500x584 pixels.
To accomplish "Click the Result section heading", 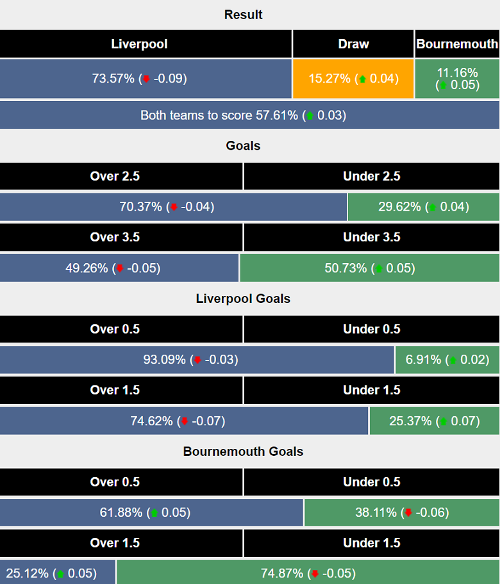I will click(x=243, y=14).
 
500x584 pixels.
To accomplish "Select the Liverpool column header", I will click(x=139, y=44).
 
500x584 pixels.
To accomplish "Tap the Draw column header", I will click(x=353, y=44).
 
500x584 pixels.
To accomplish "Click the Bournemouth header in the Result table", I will click(x=457, y=44).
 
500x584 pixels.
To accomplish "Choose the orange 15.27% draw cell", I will click(x=353, y=78).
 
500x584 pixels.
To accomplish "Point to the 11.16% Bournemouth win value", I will click(x=457, y=78).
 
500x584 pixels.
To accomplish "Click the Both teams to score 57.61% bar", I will click(x=243, y=115).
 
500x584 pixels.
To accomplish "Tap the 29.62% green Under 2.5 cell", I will click(x=423, y=206).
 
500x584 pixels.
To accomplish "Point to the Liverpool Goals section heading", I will click(x=243, y=298).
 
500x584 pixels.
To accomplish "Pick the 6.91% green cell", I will click(x=447, y=359).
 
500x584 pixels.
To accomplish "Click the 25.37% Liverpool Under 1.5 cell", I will click(x=434, y=421).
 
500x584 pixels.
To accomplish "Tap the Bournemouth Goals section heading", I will click(x=243, y=451).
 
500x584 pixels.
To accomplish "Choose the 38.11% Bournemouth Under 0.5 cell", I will click(x=402, y=512).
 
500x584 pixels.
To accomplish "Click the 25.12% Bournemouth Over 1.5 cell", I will click(x=58, y=572).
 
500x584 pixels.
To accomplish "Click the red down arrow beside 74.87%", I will click(x=315, y=573).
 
